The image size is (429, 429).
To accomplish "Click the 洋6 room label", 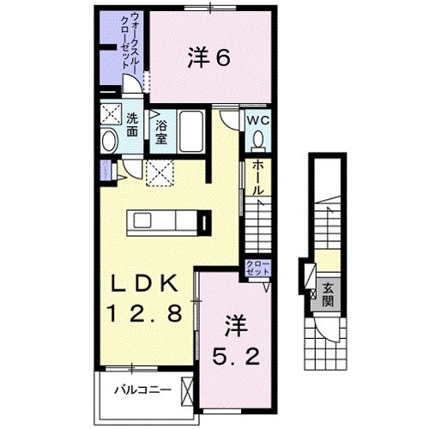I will pos(208,58).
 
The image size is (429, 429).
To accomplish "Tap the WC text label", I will pos(259,121).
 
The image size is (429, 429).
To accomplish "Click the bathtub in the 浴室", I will pos(190,134).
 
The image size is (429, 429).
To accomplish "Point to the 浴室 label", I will pos(161,131).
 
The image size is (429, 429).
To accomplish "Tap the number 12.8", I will pos(144,314).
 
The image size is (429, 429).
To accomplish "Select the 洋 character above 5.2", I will pos(237,324).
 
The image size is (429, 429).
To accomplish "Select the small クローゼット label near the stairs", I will pos(256,268).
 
